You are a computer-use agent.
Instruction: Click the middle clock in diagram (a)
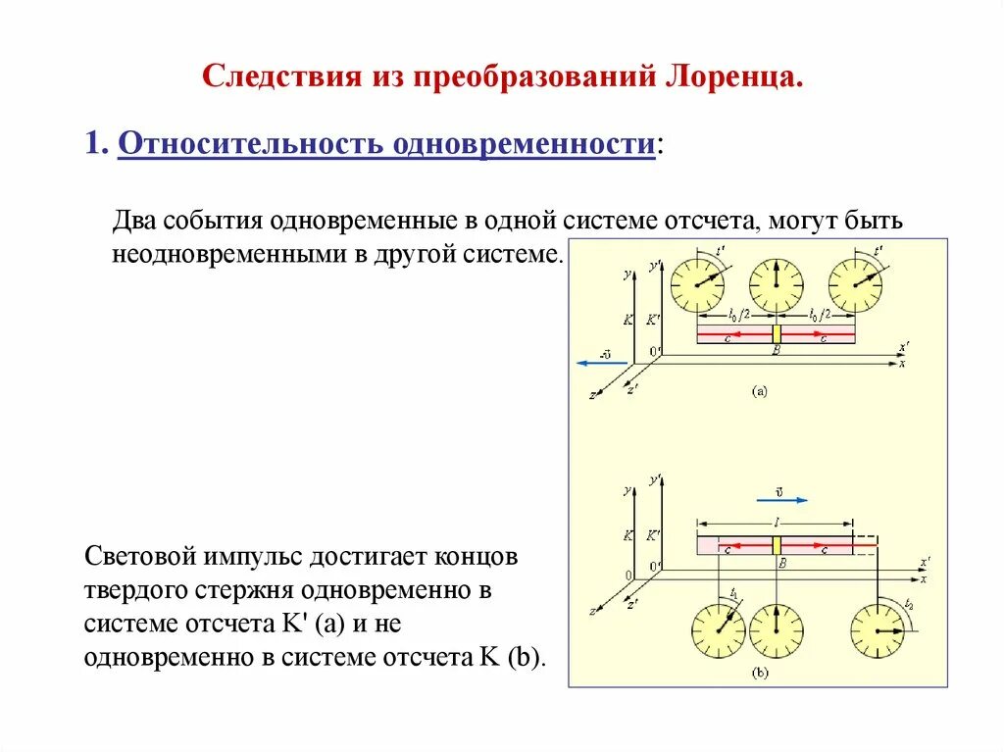point(776,285)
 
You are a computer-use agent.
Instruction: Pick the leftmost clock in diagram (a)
point(697,285)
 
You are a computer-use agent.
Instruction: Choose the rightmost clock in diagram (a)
point(855,285)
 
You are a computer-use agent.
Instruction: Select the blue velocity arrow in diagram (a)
point(595,363)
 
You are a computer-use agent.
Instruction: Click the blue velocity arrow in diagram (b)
point(777,500)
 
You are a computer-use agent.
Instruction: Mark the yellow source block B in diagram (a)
point(776,332)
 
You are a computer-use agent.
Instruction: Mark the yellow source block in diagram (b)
point(776,545)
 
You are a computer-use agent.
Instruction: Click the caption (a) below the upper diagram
point(760,391)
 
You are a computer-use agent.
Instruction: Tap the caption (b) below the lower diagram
point(760,674)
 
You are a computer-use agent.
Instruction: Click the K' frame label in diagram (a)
point(653,320)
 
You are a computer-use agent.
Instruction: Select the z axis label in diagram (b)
point(593,610)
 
